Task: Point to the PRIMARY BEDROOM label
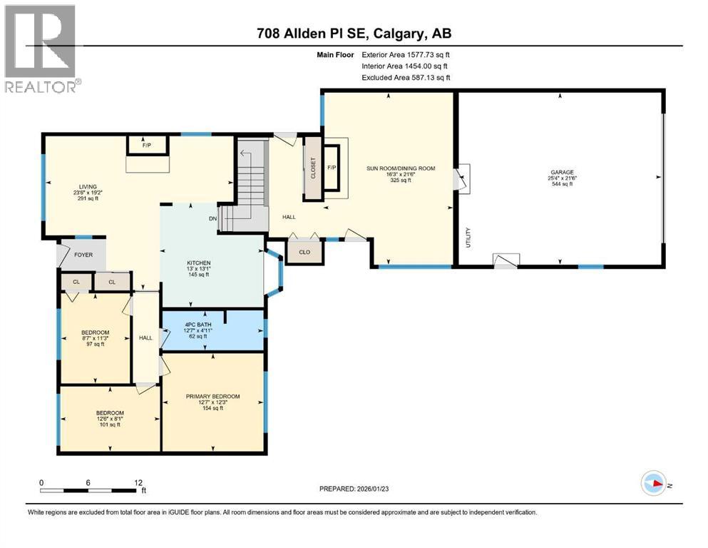(x=212, y=397)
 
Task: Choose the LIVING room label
(x=88, y=188)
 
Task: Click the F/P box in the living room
(x=147, y=146)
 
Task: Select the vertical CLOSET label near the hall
(x=312, y=168)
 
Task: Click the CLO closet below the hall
(x=303, y=252)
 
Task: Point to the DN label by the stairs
(x=212, y=218)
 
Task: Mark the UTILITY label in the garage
(x=468, y=235)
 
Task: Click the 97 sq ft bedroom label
(x=95, y=333)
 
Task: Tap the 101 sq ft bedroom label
(x=110, y=413)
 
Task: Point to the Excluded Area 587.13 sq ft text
(x=406, y=78)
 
